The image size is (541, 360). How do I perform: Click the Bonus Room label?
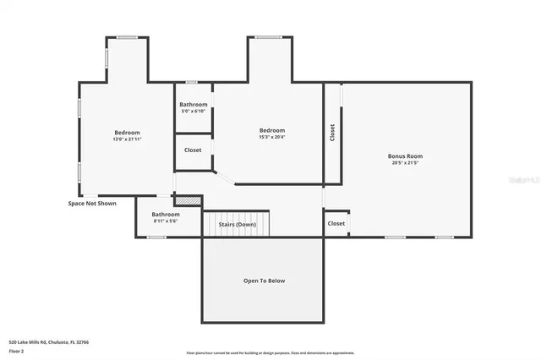(x=405, y=156)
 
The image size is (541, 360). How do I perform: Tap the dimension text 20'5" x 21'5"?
(x=405, y=164)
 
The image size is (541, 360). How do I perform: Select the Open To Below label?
(x=264, y=281)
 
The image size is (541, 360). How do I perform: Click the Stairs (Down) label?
(x=238, y=225)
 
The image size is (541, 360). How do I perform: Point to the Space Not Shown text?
(x=92, y=203)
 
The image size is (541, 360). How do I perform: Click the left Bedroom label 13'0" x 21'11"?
(x=127, y=133)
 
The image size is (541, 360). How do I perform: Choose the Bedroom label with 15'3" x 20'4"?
(x=271, y=130)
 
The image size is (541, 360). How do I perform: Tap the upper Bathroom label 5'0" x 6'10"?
(x=193, y=105)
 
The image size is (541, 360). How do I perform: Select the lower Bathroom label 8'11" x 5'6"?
(x=165, y=215)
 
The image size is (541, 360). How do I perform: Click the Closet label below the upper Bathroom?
(x=193, y=150)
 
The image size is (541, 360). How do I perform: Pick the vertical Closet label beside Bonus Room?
(x=332, y=133)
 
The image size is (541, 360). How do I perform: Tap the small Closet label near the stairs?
(x=336, y=223)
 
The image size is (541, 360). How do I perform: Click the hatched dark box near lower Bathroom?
(x=189, y=200)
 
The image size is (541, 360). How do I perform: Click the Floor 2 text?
(x=18, y=350)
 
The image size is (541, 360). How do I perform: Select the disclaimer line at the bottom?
(x=270, y=352)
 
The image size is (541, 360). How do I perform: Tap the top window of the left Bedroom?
(x=127, y=37)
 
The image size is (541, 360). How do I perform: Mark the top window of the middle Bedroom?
(x=270, y=37)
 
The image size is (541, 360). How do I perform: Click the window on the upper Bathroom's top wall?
(x=192, y=82)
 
